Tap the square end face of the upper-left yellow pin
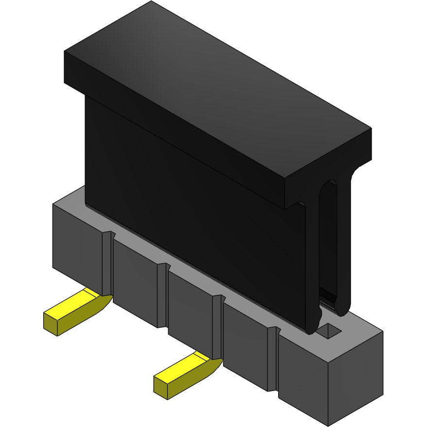51,324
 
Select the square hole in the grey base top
330,331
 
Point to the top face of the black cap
219,92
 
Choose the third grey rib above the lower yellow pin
217,326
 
